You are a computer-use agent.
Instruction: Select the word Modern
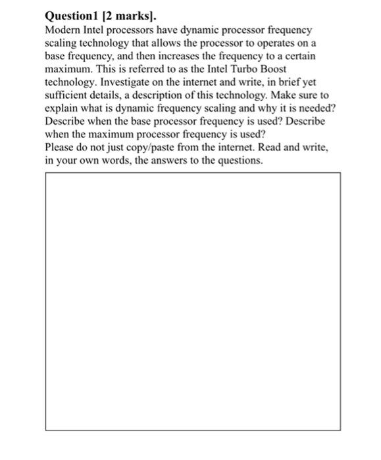pyautogui.click(x=63, y=31)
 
